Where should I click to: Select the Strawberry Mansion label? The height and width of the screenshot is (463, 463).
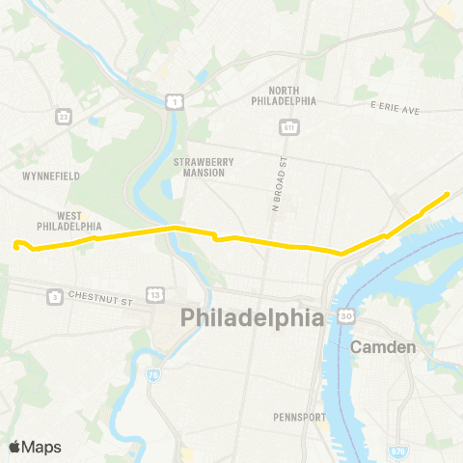200,167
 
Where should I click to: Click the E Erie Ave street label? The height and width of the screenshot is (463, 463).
395,110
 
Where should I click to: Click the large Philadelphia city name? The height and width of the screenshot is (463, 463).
250,317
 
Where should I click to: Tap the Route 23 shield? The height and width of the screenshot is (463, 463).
64,117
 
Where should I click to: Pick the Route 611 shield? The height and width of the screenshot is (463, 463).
288,126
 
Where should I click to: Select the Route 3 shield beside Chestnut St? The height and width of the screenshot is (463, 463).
56,296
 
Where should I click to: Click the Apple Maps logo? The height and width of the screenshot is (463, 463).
35,447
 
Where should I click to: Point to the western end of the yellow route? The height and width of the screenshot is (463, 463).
16,244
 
